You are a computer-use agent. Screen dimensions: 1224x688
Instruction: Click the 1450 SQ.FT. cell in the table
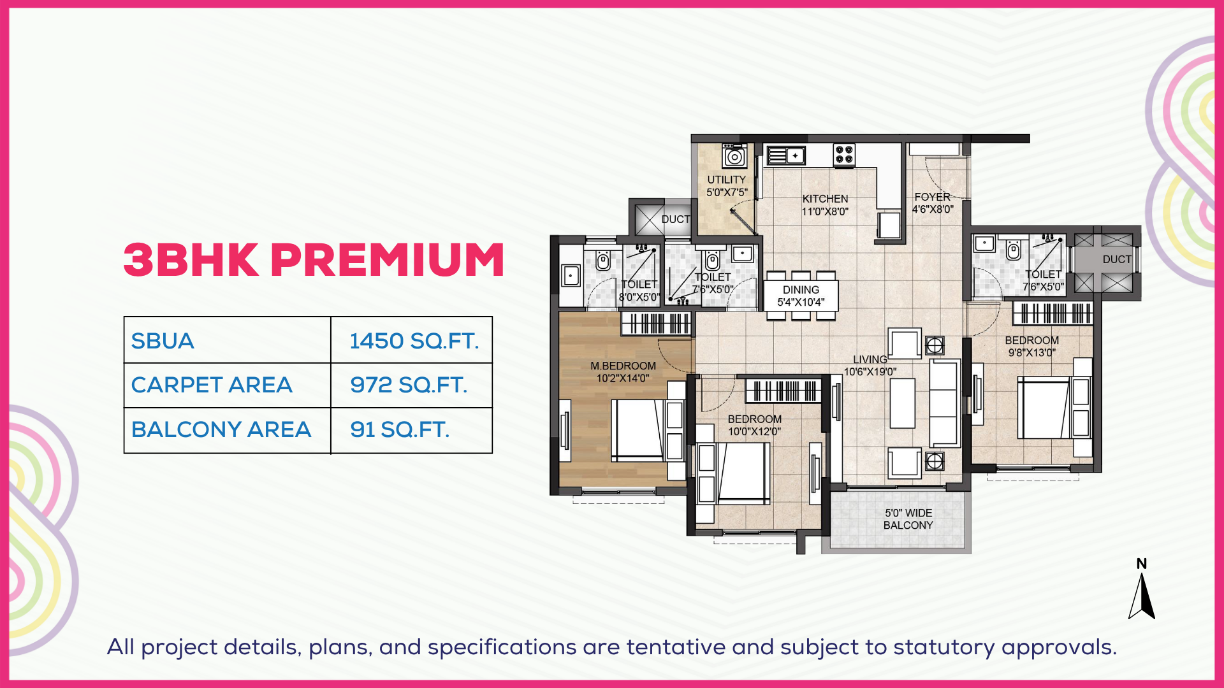(x=414, y=341)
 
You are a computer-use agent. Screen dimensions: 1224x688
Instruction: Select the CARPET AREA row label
(x=212, y=385)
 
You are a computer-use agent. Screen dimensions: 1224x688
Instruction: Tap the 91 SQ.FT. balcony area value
(x=400, y=429)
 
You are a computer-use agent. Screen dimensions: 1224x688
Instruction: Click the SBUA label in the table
(x=163, y=341)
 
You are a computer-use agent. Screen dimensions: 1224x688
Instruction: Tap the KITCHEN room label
(x=825, y=199)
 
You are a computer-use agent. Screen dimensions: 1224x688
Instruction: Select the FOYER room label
(x=932, y=197)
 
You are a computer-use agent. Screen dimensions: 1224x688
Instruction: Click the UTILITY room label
(x=726, y=180)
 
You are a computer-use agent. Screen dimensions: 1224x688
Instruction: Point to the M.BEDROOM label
(x=623, y=366)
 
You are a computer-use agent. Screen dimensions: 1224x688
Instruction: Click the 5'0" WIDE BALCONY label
(x=908, y=519)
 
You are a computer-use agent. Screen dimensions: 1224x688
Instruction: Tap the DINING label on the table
(x=801, y=290)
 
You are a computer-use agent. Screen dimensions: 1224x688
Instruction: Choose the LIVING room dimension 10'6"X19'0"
(x=870, y=371)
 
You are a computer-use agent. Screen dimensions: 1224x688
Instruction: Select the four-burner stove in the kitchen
(x=844, y=155)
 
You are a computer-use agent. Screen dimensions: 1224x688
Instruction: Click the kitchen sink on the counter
(x=786, y=155)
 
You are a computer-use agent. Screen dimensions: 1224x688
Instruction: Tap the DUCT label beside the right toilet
(x=1117, y=259)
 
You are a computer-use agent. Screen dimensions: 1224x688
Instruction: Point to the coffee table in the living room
(x=902, y=403)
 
